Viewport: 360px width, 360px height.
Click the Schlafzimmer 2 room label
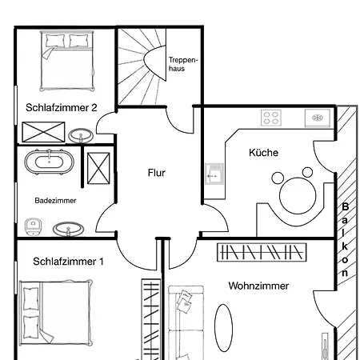tap(62, 108)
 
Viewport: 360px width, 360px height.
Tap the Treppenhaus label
tap(183, 64)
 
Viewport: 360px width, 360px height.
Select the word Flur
tap(157, 173)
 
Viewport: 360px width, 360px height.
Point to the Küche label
tap(263, 153)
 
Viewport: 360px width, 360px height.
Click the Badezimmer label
tap(55, 201)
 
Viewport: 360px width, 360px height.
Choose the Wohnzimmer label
tap(258, 286)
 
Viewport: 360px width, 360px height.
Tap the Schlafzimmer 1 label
tap(68, 262)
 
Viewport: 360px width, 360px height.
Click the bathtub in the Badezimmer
tap(50, 162)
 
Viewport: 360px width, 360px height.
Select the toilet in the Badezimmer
tap(33, 226)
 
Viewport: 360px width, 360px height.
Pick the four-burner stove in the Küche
tap(271, 118)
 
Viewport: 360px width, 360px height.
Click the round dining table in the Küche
tap(298, 196)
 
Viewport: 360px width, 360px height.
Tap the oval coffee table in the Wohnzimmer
tap(223, 328)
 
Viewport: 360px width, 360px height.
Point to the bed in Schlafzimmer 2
tap(67, 61)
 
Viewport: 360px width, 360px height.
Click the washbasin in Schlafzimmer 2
tap(81, 135)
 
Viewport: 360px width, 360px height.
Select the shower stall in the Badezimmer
tap(98, 168)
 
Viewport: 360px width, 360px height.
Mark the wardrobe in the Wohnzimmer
tap(262, 252)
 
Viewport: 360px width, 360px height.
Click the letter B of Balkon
tap(345, 206)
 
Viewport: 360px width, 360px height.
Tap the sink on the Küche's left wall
tap(214, 174)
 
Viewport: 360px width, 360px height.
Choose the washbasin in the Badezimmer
tap(68, 230)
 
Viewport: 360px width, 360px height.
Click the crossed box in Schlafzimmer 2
tap(43, 132)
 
